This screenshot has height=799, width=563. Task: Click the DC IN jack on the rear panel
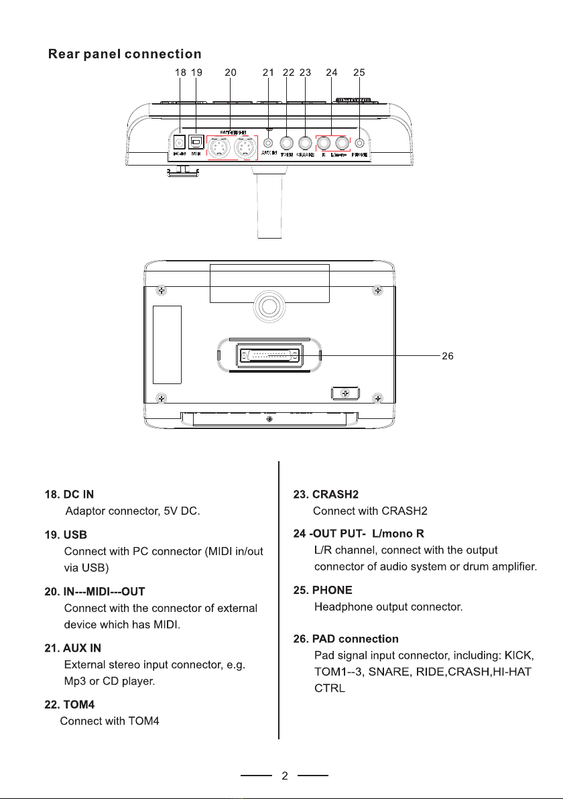[x=180, y=143]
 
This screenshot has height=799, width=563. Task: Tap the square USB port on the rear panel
[x=196, y=142]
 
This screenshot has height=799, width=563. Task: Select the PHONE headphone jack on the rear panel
[x=360, y=143]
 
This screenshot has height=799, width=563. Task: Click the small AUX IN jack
[x=269, y=143]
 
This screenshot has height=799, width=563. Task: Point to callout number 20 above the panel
[x=231, y=72]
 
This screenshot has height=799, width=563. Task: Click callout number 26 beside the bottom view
[x=448, y=356]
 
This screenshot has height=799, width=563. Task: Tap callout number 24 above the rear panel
[x=331, y=72]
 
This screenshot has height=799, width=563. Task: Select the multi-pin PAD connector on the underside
[x=269, y=356]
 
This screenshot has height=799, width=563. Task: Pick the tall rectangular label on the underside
[x=167, y=345]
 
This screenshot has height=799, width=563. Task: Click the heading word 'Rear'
[x=65, y=54]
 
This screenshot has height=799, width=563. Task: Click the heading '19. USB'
[x=66, y=535]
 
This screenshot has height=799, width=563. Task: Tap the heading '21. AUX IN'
[x=73, y=648]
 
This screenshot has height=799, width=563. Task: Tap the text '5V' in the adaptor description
[x=170, y=512]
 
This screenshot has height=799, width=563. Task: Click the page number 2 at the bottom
[x=285, y=777]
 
